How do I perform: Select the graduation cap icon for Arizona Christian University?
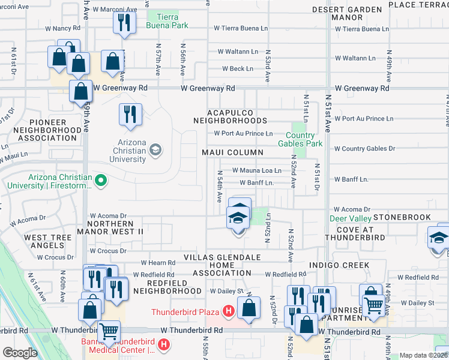pyautogui.click(x=156, y=149)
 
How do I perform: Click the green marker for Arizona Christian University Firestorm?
pyautogui.click(x=101, y=179)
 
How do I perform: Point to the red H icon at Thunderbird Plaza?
pyautogui.click(x=228, y=311)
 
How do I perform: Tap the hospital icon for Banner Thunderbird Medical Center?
pyautogui.click(x=165, y=344)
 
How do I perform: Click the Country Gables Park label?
pyautogui.click(x=300, y=139)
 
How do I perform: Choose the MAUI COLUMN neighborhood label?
pyautogui.click(x=232, y=152)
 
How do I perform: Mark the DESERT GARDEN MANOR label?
pyautogui.click(x=348, y=14)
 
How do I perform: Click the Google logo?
pyautogui.click(x=20, y=352)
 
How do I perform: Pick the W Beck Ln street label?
pyautogui.click(x=237, y=69)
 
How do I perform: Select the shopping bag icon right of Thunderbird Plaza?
pyautogui.click(x=248, y=310)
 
